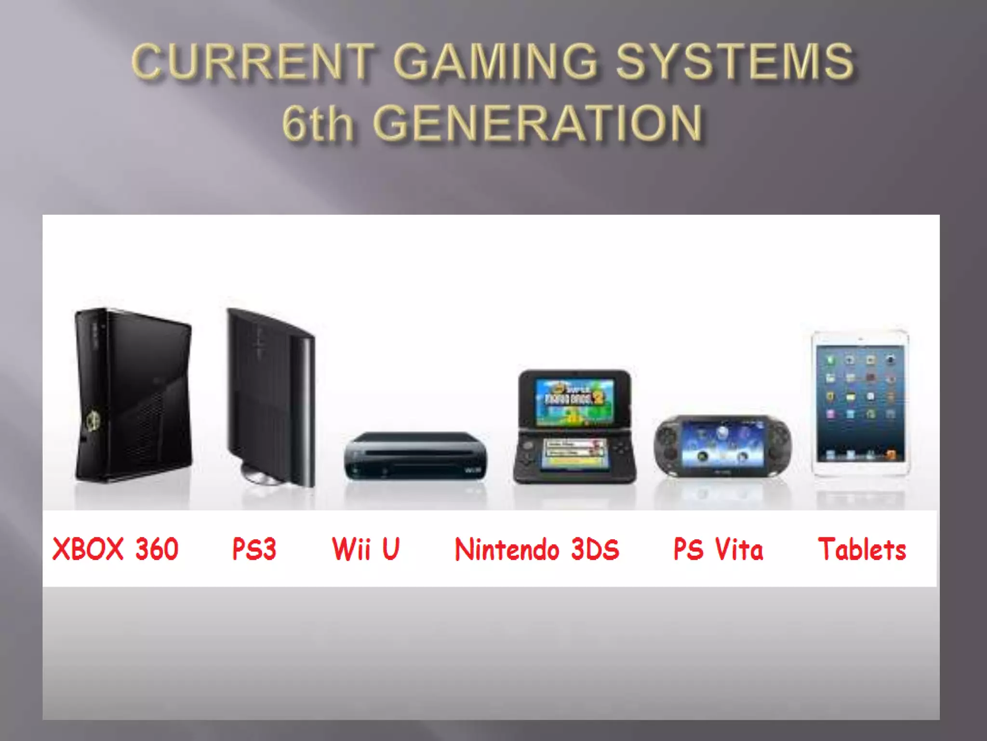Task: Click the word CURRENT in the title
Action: click(253, 61)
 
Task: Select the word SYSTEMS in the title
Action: click(734, 61)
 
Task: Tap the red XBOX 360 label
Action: click(115, 549)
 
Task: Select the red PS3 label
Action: click(254, 549)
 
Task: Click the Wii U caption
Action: click(366, 549)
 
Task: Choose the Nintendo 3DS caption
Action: click(537, 549)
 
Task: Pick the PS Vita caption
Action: click(718, 549)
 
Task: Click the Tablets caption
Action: click(862, 549)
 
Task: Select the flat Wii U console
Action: click(415, 456)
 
